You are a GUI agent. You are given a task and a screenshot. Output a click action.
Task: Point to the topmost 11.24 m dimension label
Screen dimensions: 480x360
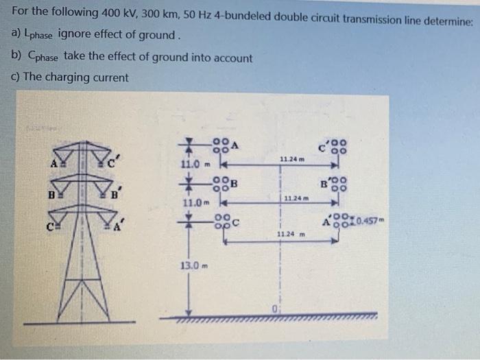[x=292, y=160]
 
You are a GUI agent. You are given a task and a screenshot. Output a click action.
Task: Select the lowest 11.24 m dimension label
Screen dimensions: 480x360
[x=291, y=235]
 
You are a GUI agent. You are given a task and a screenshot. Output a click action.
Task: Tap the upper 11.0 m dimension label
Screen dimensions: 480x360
[x=194, y=165]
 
